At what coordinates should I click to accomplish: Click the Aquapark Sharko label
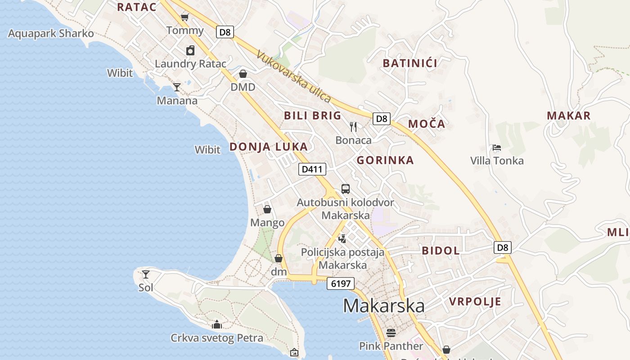(51, 34)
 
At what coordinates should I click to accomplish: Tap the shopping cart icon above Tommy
(184, 17)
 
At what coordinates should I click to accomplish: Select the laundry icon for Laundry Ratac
(190, 50)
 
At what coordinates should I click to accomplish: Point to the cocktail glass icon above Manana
(177, 87)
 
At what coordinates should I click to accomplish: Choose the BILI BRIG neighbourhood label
(312, 116)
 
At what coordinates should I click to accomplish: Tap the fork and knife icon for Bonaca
(353, 127)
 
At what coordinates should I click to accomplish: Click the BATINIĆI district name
(410, 63)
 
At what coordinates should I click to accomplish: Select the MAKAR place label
(568, 116)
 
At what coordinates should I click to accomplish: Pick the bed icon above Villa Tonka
(497, 148)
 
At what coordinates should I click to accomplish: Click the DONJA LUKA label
(269, 147)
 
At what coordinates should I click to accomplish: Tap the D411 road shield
(312, 169)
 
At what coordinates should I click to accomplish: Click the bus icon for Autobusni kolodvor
(345, 189)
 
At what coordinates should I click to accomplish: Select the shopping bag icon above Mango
(267, 209)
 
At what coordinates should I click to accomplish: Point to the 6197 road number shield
(341, 283)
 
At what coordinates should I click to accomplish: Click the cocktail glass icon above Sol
(146, 274)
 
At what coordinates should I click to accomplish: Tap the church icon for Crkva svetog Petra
(217, 324)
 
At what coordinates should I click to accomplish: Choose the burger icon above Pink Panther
(391, 333)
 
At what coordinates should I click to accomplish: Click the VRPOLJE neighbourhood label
(475, 301)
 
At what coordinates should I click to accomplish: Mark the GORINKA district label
(385, 160)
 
